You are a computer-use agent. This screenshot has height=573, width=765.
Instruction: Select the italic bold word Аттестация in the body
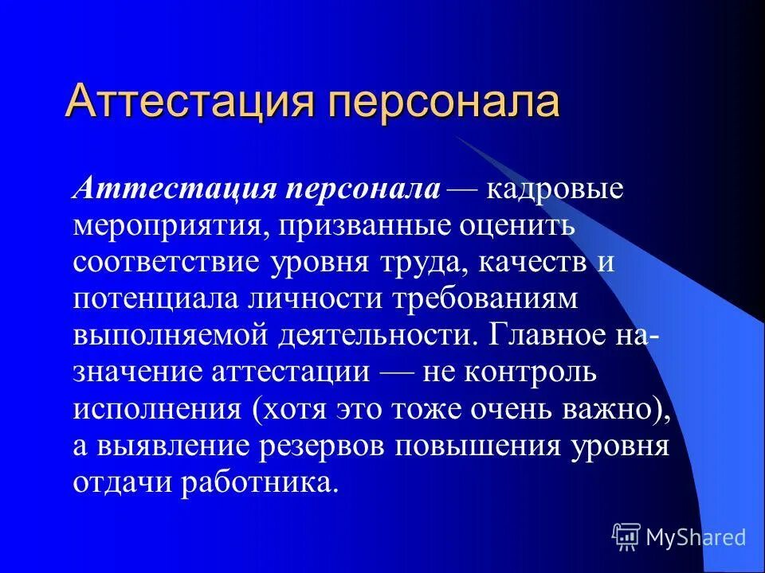pyautogui.click(x=175, y=189)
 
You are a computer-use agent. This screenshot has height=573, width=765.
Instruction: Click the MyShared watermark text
pyautogui.click(x=696, y=537)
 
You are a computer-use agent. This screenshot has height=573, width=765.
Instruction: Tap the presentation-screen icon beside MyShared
pyautogui.click(x=626, y=536)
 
